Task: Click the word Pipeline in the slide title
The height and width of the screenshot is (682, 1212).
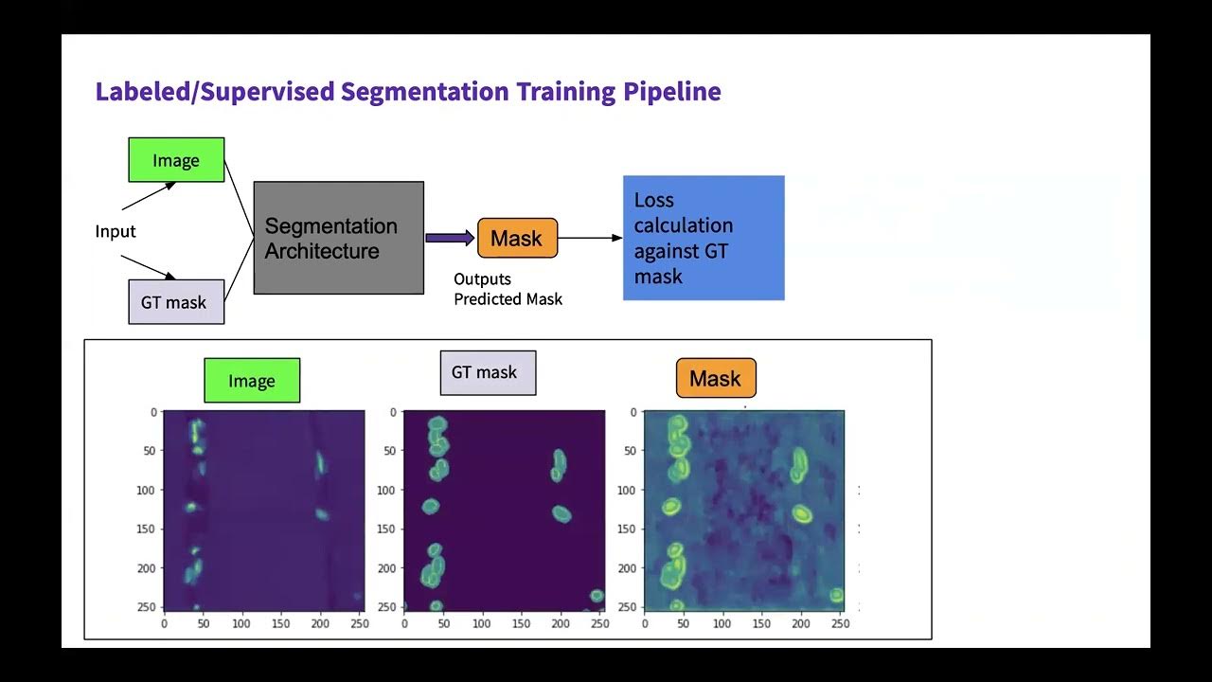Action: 671,92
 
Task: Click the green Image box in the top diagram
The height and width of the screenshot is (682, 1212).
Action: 176,160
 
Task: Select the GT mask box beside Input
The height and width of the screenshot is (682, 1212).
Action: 176,302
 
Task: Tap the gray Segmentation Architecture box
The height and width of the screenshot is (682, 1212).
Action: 338,238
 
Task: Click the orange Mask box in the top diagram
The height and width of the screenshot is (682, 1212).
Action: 517,238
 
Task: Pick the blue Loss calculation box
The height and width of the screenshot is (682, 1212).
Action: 703,238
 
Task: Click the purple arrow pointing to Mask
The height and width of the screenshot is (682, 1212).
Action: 450,238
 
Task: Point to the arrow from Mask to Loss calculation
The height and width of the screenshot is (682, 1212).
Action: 590,238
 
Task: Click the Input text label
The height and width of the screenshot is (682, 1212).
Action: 116,231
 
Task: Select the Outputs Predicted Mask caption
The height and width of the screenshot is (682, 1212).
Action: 508,289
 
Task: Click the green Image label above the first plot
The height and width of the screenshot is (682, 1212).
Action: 252,381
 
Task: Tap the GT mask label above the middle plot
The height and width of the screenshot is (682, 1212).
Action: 488,372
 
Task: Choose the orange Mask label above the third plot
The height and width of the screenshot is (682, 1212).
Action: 716,379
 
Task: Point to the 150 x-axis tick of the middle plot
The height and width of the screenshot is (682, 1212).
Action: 522,624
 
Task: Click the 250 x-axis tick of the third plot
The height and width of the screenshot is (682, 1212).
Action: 839,624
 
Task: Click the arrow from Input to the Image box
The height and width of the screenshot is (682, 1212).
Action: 149,196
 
